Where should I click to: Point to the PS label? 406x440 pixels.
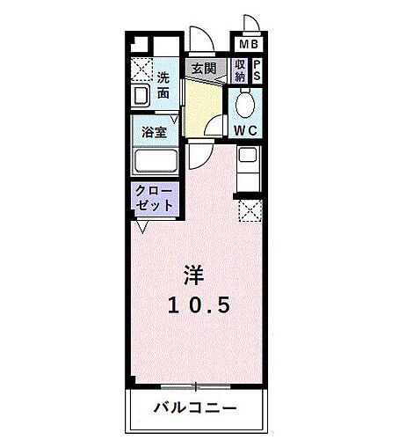(x=257, y=70)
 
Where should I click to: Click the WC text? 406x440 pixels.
(x=244, y=130)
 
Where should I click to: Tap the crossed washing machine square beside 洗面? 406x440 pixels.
(x=141, y=69)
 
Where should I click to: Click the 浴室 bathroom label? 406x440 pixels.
(x=155, y=133)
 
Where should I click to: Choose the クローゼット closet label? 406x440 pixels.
(x=155, y=196)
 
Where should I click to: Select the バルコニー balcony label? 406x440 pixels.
(x=196, y=407)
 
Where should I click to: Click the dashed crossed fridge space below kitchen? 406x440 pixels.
(x=250, y=211)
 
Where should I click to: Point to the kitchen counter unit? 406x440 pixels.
(x=249, y=169)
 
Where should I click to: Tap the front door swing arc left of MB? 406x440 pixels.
(x=201, y=40)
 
